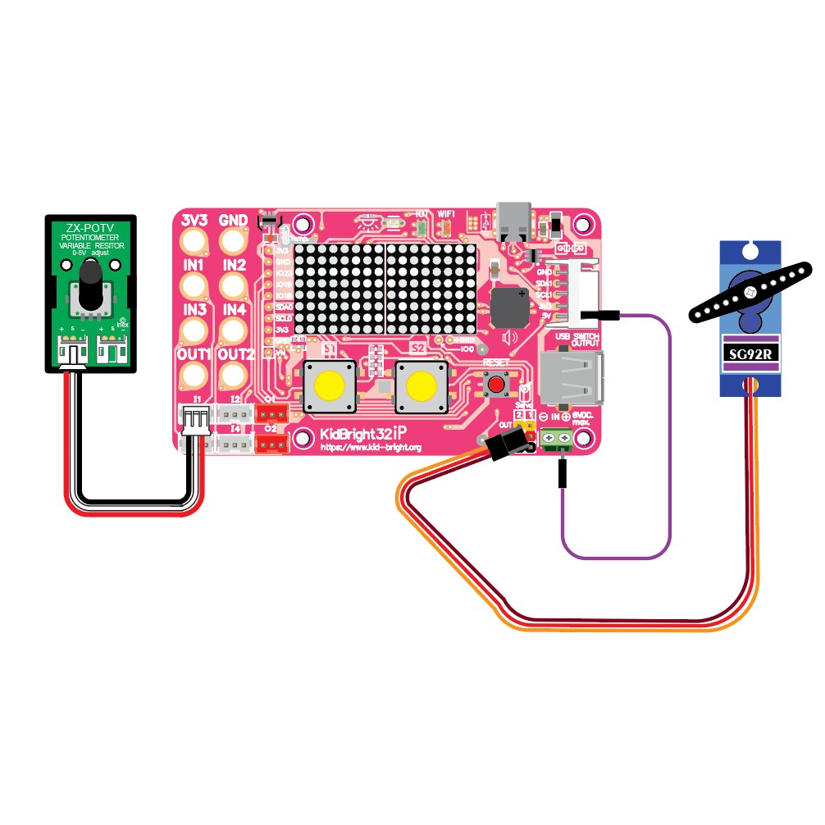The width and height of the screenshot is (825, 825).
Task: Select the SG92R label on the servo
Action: pos(750,354)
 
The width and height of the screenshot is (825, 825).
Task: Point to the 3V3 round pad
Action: pos(194,240)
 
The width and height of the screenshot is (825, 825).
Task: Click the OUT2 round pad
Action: pos(235,375)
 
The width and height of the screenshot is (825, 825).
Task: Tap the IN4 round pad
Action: pos(235,330)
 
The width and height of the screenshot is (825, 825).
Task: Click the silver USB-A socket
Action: pos(572,378)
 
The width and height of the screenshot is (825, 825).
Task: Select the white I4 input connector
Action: pos(235,444)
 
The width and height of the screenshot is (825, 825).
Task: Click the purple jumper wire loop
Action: pos(670,459)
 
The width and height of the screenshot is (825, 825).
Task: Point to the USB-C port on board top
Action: pos(514,219)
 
